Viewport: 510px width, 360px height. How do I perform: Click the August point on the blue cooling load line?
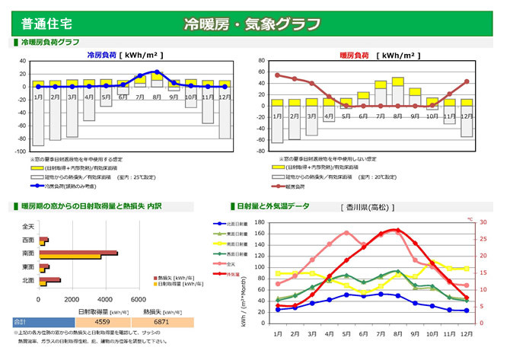point(157,72)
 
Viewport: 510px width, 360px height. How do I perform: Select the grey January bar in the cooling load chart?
point(38,116)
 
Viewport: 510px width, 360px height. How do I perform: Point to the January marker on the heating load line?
point(277,75)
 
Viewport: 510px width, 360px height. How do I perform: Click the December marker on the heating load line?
point(467,81)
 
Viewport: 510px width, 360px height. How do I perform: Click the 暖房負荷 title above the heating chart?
point(355,56)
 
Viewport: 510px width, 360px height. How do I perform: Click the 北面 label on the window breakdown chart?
point(28,281)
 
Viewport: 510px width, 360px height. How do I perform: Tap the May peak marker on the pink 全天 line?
point(346,233)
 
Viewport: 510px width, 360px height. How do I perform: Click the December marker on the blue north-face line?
point(466,311)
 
